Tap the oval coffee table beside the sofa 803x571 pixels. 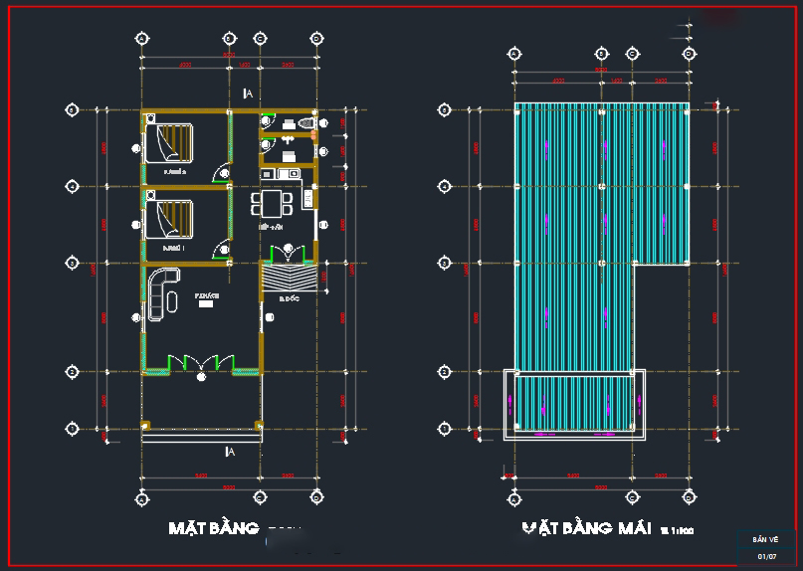pyautogui.click(x=173, y=299)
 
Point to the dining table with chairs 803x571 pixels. pyautogui.click(x=272, y=205)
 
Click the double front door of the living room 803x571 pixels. pyautogui.click(x=202, y=363)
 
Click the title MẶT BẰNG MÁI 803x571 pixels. pyautogui.click(x=587, y=528)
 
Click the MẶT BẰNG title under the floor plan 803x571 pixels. pyautogui.click(x=214, y=528)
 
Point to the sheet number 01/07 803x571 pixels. pyautogui.click(x=766, y=556)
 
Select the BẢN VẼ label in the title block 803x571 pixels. pyautogui.click(x=766, y=540)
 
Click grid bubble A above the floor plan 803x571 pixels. pyautogui.click(x=141, y=39)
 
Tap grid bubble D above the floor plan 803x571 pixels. pyautogui.click(x=316, y=39)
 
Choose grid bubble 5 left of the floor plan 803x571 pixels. pyautogui.click(x=72, y=110)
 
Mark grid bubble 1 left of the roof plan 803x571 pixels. pyautogui.click(x=445, y=429)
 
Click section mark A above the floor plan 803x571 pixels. pyautogui.click(x=248, y=94)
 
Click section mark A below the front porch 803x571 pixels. pyautogui.click(x=230, y=452)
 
